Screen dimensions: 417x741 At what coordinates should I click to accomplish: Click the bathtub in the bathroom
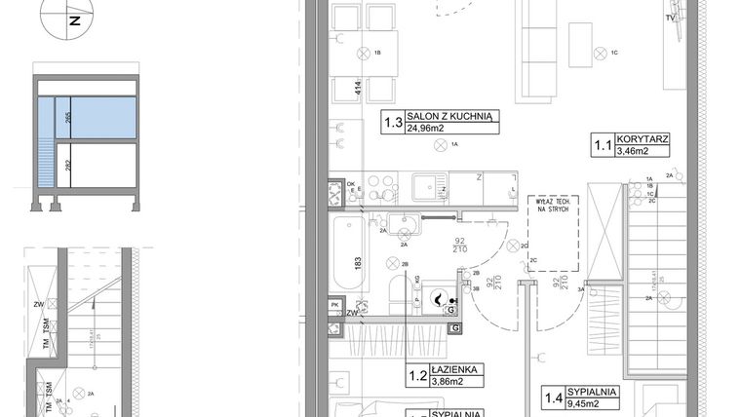coord(347,255)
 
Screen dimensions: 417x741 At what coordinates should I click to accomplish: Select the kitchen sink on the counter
coord(429,185)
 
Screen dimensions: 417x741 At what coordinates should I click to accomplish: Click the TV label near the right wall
coord(670,19)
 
